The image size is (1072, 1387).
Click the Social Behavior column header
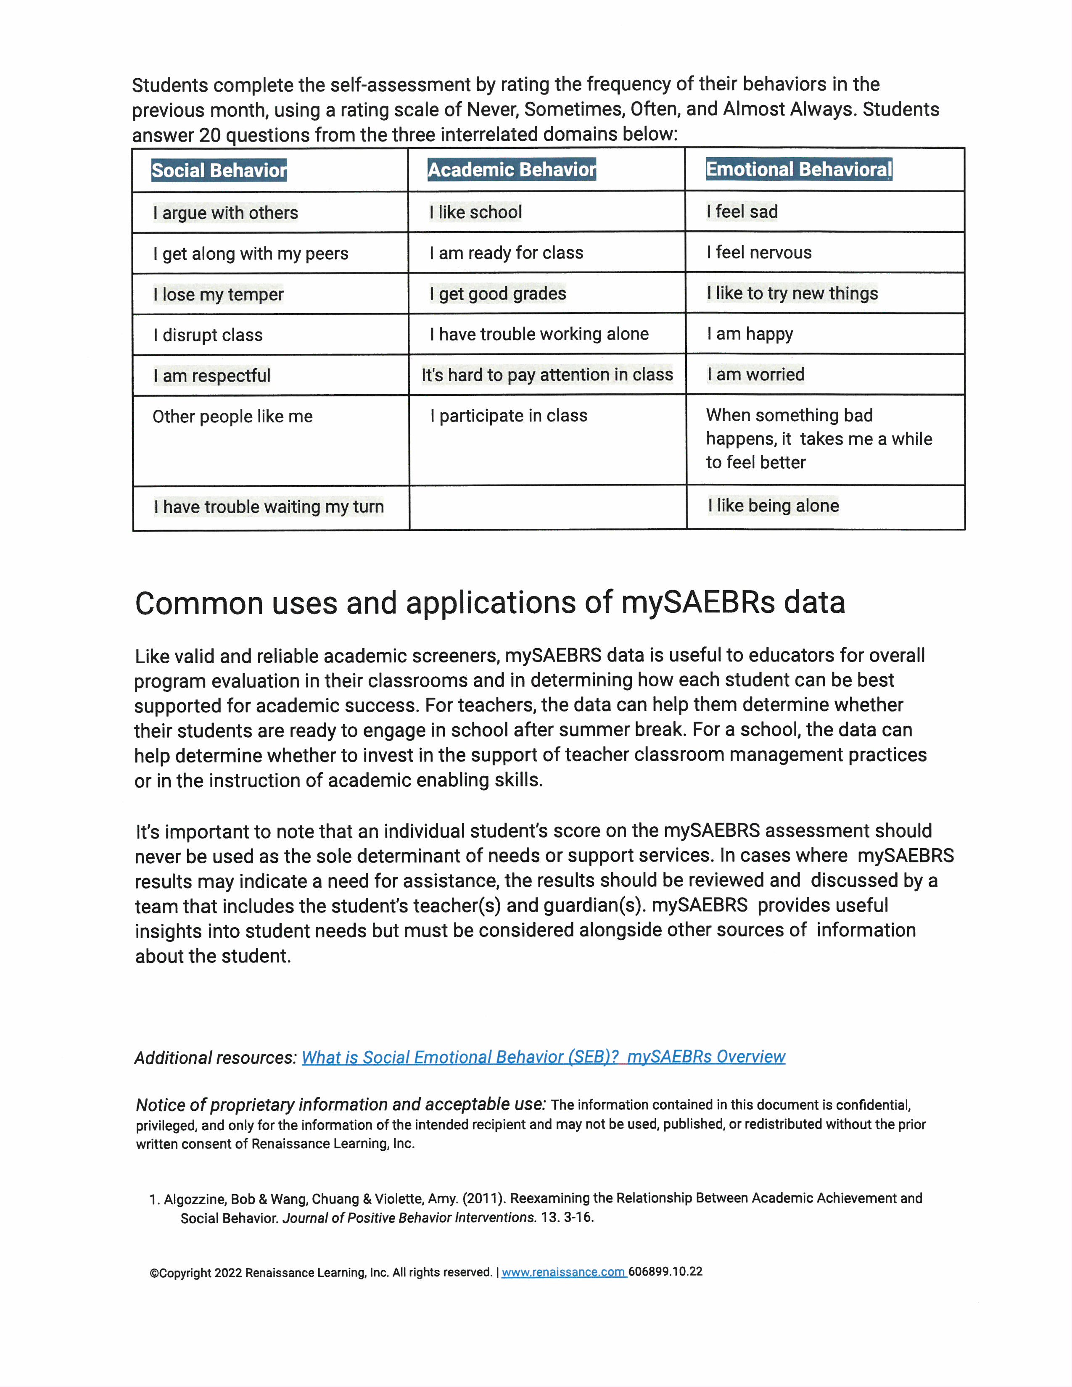coord(219,170)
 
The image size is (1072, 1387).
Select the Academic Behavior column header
coord(512,169)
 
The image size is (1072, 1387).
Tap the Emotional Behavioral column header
coord(799,169)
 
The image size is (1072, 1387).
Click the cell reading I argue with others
coord(225,213)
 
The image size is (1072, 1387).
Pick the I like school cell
coord(475,212)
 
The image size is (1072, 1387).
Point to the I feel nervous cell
coord(760,253)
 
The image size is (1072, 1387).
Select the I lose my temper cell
coord(219,295)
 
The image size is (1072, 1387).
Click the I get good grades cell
coord(498,293)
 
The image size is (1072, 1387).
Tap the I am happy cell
coord(750,334)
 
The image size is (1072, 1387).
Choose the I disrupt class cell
coord(208,335)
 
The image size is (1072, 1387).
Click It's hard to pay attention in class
coord(547,374)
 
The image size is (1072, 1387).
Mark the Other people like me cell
coord(232,417)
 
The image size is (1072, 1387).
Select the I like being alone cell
coord(774,506)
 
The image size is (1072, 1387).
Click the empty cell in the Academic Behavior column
coord(547,507)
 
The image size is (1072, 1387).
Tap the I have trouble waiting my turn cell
coord(269,507)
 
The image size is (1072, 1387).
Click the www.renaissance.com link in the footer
coord(563,1272)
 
